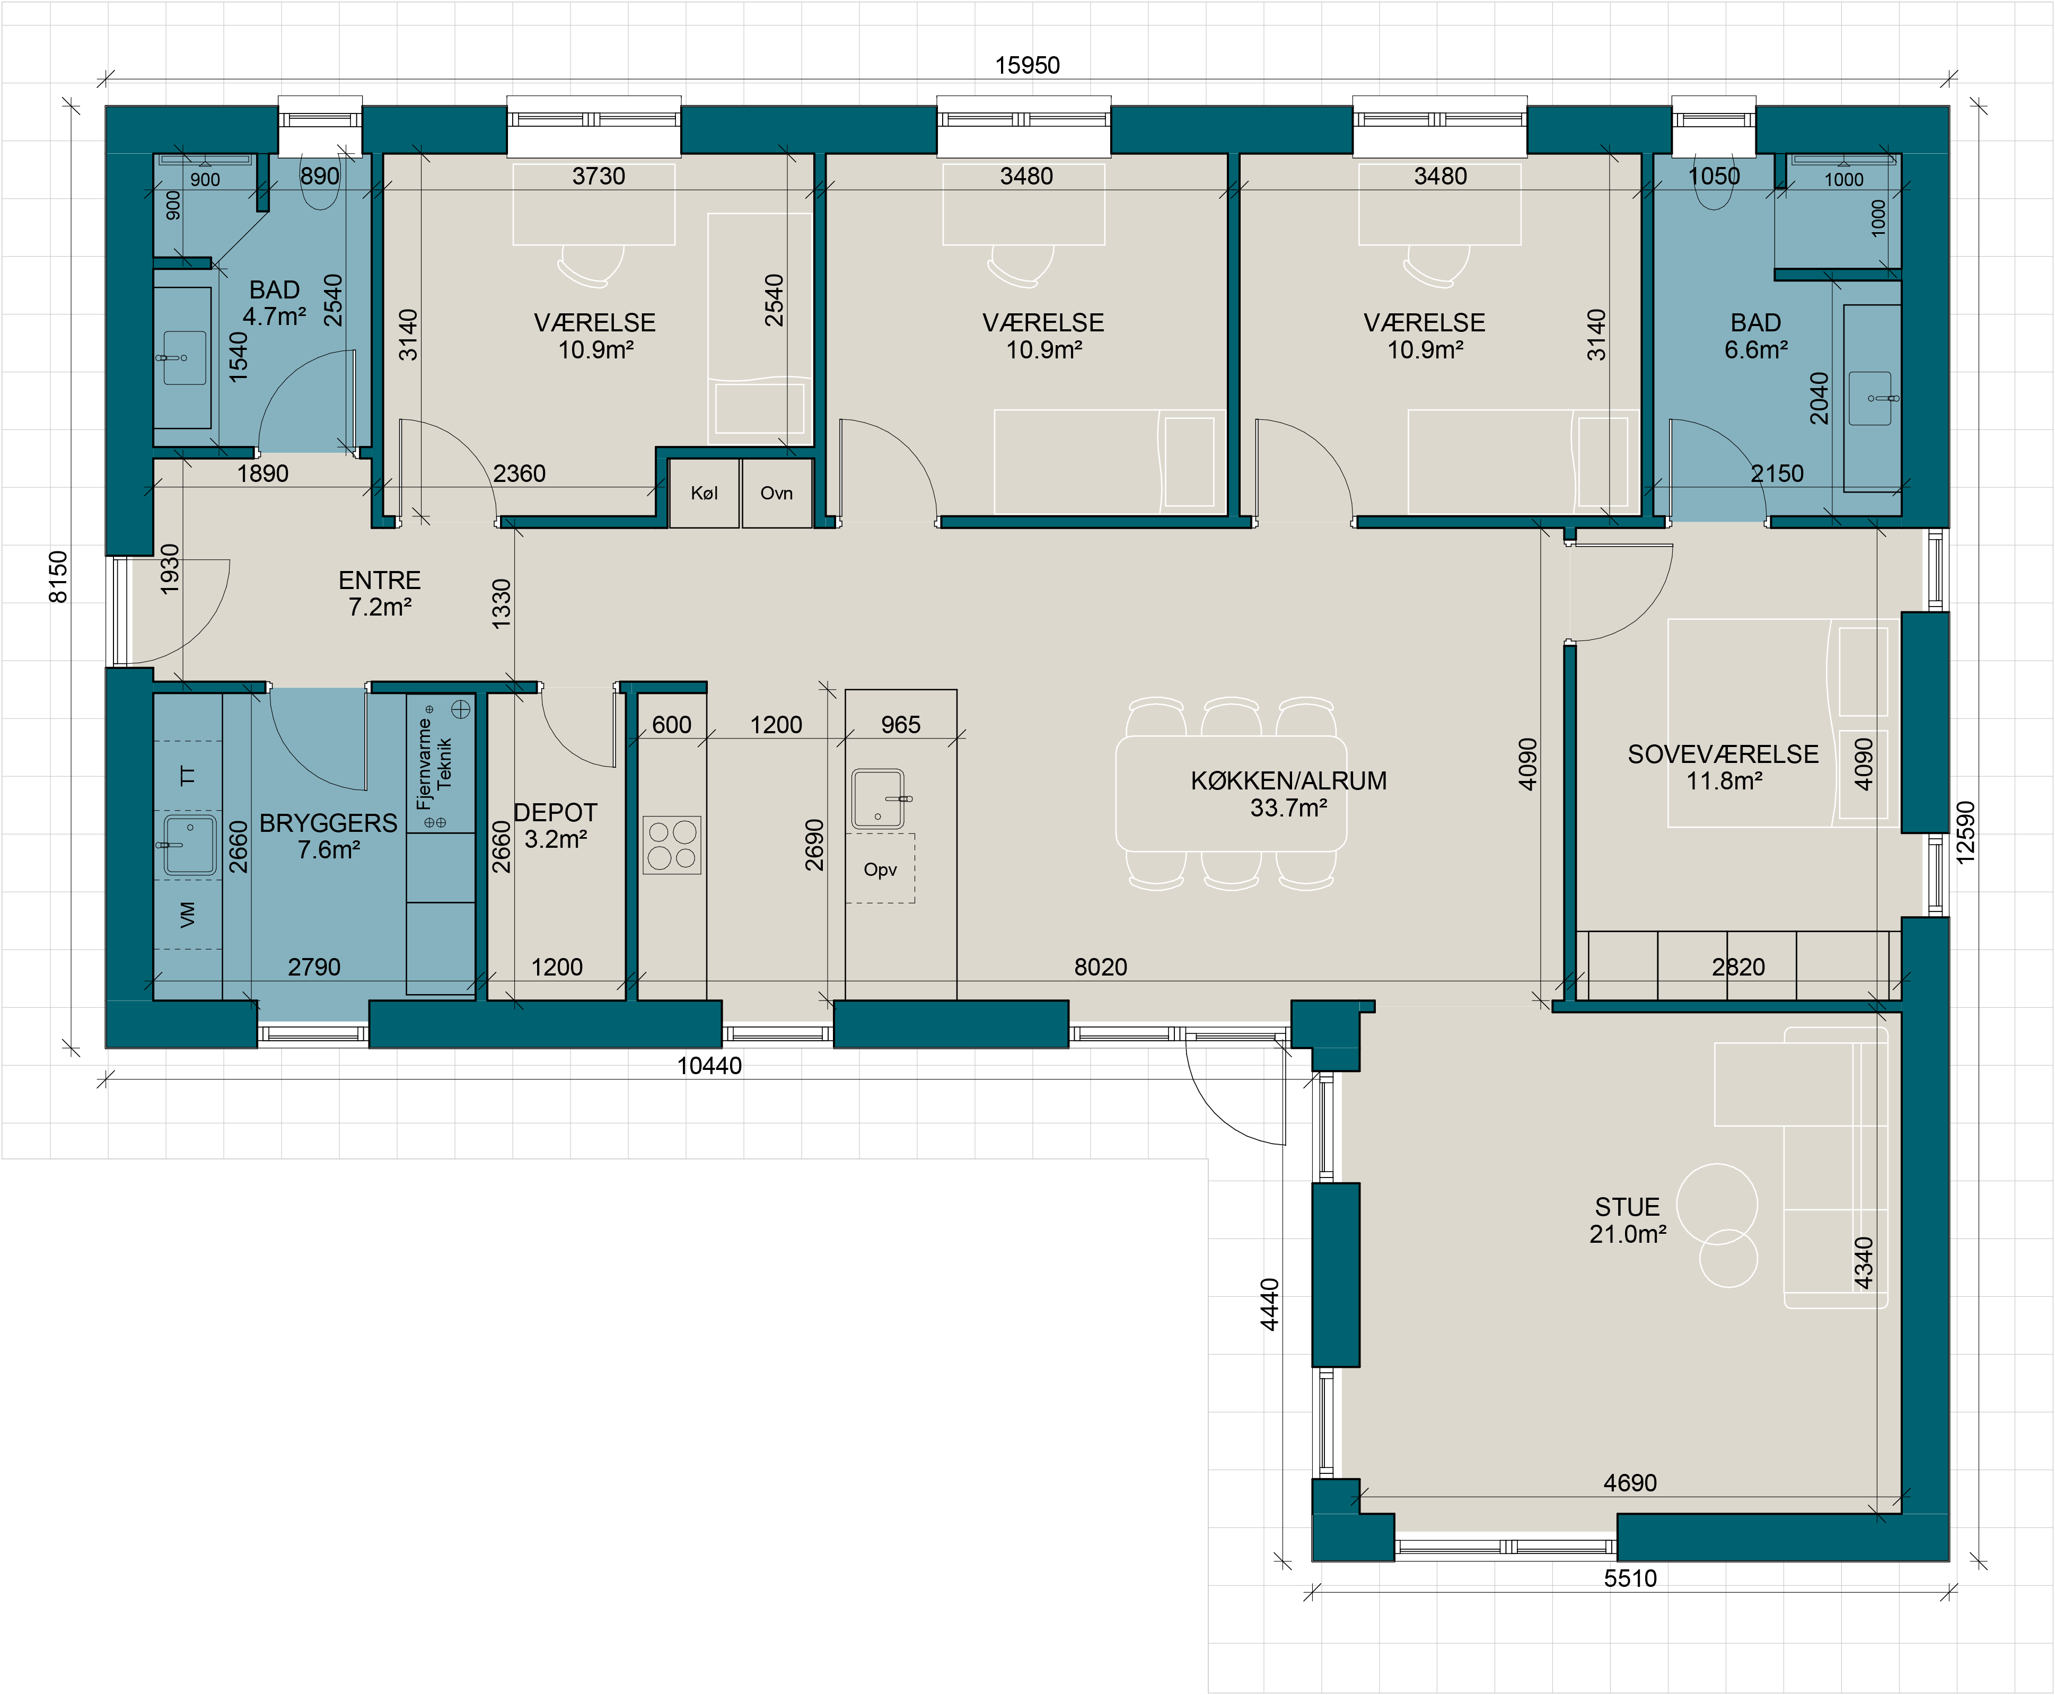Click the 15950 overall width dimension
[x=1027, y=65]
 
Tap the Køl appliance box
[x=704, y=493]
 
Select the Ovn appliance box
[x=776, y=493]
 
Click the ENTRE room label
[x=380, y=580]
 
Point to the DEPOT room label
[x=556, y=812]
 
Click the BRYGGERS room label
[x=328, y=823]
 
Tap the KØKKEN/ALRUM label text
[x=1289, y=781]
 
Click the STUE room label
[x=1627, y=1208]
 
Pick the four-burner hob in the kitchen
[x=672, y=845]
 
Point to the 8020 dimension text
[x=1100, y=968]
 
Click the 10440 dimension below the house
[x=710, y=1066]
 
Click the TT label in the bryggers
[x=188, y=776]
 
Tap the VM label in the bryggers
[x=188, y=915]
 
